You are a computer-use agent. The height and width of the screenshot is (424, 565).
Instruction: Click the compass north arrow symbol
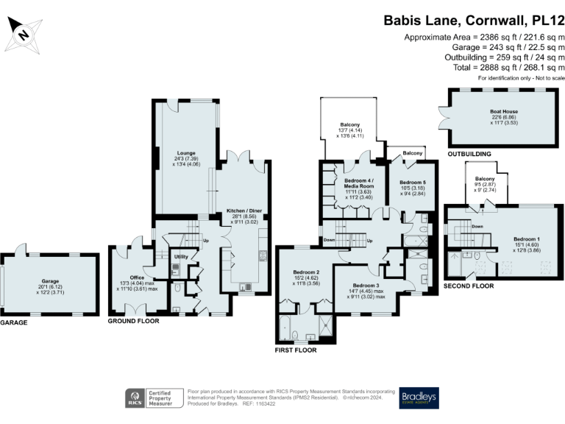(24, 32)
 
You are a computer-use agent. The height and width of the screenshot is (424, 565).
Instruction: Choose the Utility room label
(181, 256)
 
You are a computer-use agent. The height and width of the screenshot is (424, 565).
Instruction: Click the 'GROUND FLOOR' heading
(133, 322)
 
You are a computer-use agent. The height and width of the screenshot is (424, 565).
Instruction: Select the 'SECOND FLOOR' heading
(469, 285)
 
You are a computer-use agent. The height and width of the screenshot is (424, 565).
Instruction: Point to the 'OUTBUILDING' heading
(469, 154)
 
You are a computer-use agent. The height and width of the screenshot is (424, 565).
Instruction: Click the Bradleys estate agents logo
(419, 398)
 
